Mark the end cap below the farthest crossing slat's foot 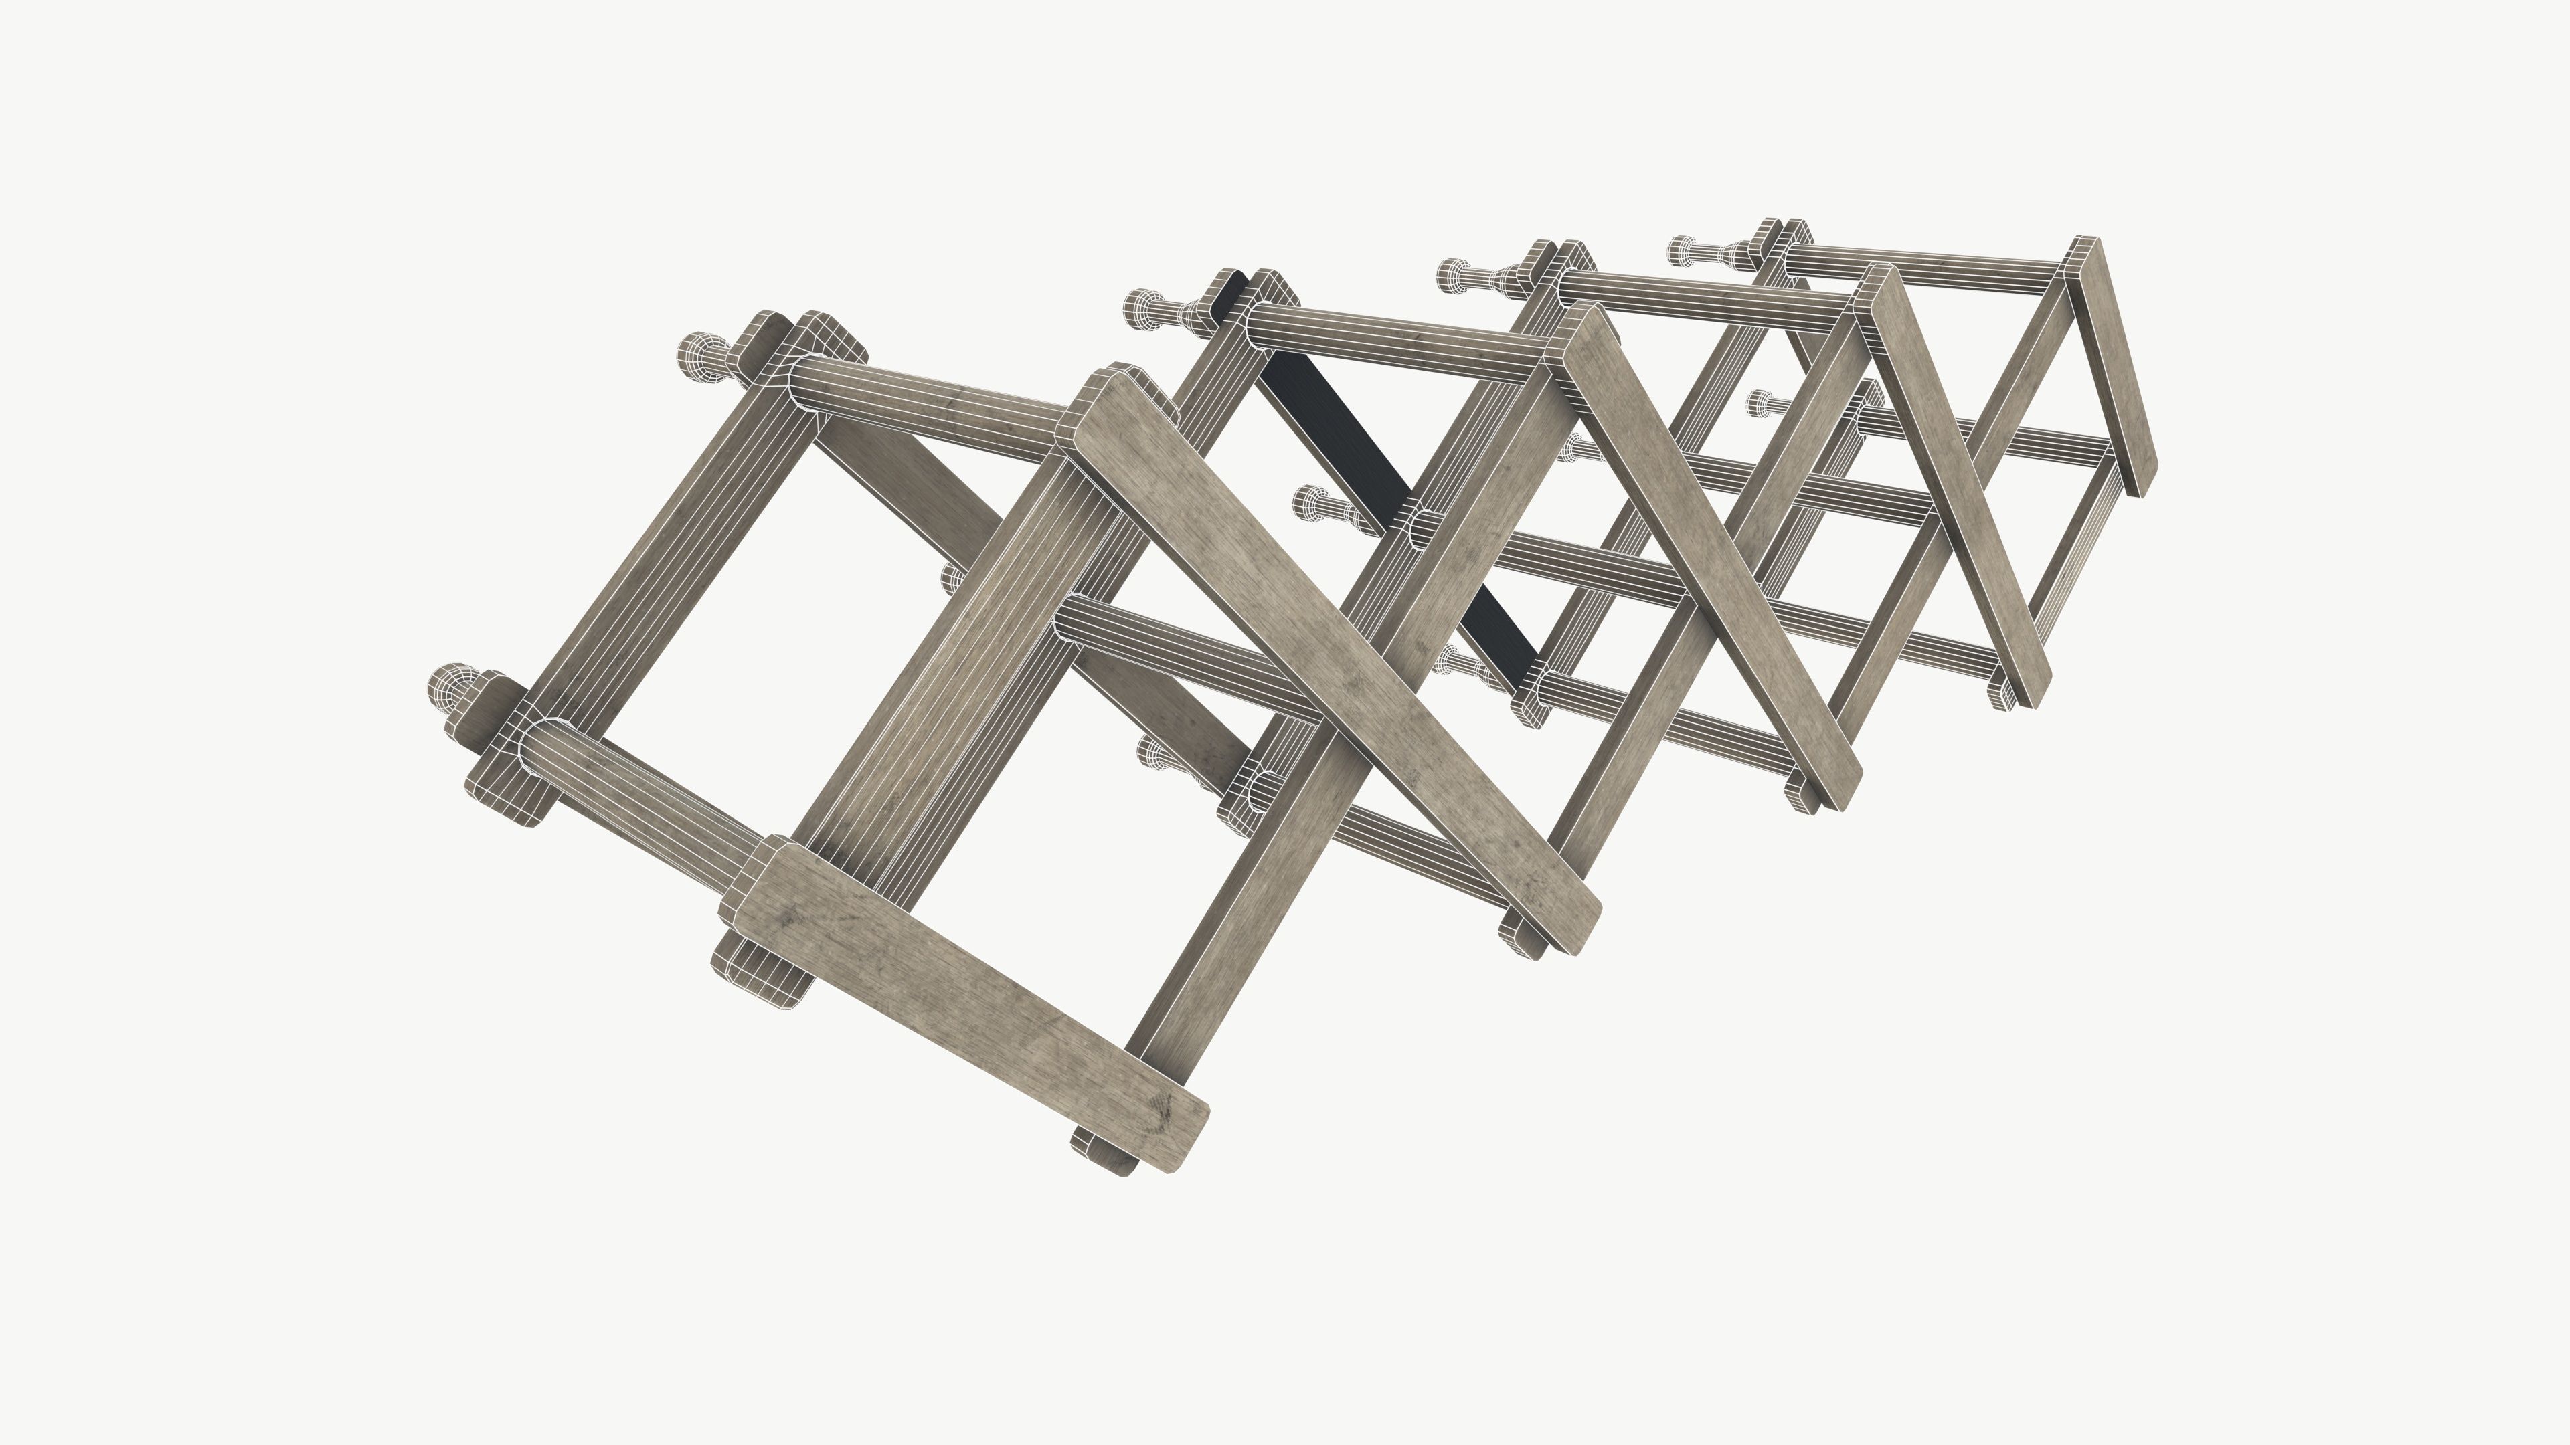2003,693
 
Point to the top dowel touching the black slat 1397,339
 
